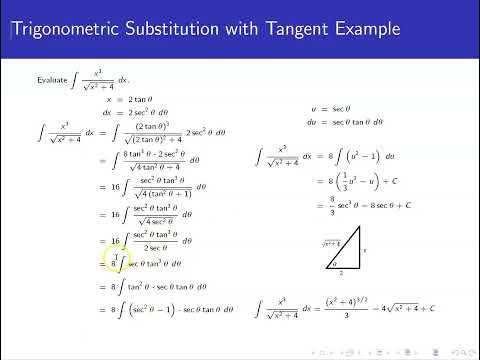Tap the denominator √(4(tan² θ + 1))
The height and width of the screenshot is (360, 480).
162,193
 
